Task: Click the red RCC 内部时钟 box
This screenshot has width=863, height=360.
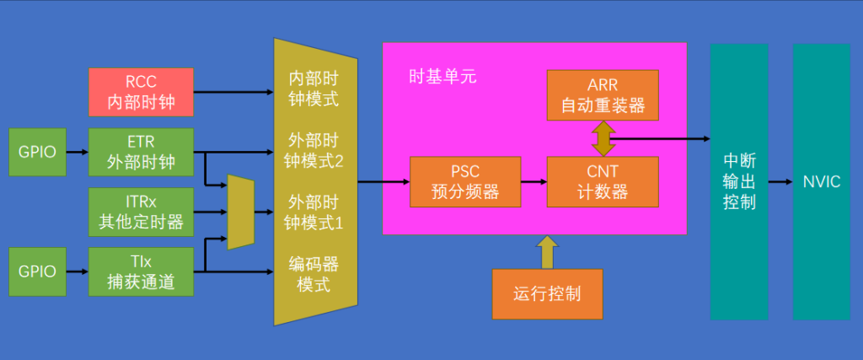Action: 141,92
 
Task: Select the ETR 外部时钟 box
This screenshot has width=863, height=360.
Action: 141,152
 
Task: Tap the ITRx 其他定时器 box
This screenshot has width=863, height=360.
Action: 141,212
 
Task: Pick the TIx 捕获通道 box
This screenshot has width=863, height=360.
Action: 141,271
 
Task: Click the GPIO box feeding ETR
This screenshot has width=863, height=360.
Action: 37,152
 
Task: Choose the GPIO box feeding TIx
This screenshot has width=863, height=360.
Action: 37,271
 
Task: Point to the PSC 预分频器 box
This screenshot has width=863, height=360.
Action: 465,181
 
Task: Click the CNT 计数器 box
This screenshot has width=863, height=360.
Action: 603,181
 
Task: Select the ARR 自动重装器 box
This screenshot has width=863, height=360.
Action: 603,94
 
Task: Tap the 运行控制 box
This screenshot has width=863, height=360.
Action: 547,294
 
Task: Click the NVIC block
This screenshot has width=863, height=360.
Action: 822,181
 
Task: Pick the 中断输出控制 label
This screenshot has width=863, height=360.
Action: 740,182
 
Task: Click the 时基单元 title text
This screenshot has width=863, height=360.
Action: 443,76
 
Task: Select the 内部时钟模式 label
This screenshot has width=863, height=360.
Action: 314,89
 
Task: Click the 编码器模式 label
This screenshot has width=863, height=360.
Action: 314,275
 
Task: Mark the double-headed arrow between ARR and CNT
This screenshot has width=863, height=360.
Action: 603,138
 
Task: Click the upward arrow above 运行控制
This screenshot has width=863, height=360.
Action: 547,251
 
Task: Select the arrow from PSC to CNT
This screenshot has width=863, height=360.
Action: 533,181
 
